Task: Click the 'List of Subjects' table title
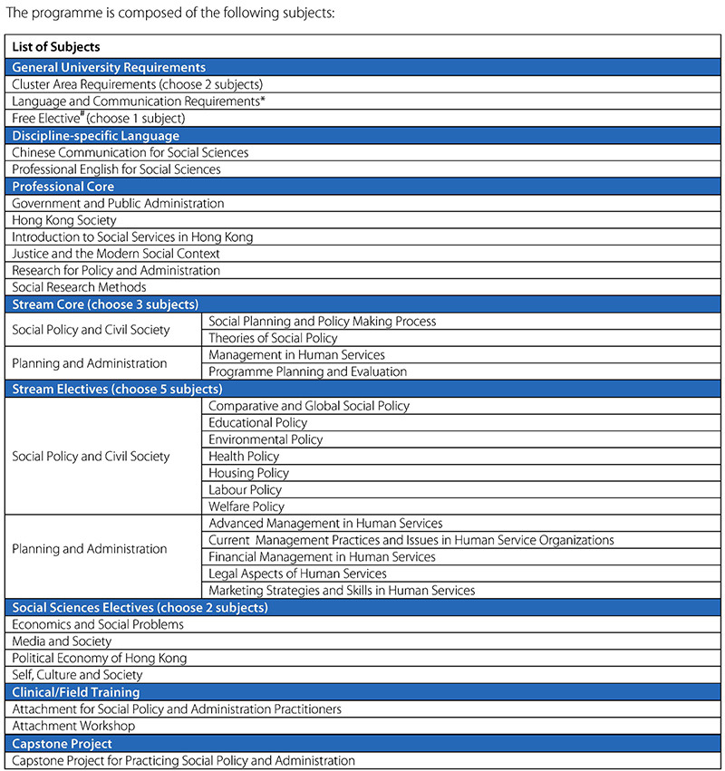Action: tap(56, 47)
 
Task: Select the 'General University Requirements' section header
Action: tap(109, 67)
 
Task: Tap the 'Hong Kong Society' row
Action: tap(64, 220)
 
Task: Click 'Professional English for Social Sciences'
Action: tap(117, 169)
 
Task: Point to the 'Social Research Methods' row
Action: tap(79, 287)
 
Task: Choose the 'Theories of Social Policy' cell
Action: tap(273, 338)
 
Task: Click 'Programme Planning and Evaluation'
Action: tap(308, 371)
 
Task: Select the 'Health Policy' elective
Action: tap(244, 457)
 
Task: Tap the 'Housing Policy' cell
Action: tap(249, 473)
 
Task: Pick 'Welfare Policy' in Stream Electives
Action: tap(246, 506)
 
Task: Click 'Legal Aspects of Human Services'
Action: tap(297, 573)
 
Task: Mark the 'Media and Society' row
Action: tap(62, 641)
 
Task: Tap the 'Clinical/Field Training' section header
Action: tap(76, 692)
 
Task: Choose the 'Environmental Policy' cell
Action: tap(266, 439)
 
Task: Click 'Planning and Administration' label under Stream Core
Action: tap(90, 363)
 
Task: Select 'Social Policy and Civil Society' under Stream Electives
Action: tap(91, 457)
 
